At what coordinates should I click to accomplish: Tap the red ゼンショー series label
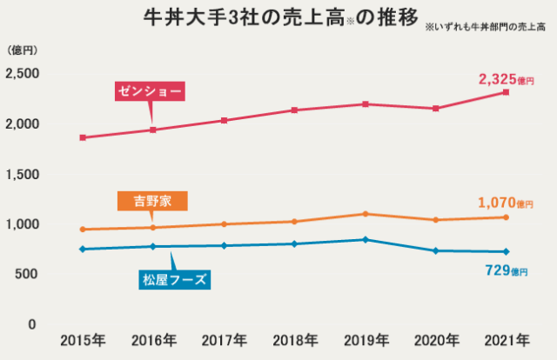tap(153, 90)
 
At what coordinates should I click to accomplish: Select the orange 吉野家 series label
tap(152, 201)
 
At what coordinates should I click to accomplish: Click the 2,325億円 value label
tap(506, 79)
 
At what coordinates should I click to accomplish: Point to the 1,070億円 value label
tap(506, 203)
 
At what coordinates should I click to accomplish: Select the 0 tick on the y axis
tap(32, 324)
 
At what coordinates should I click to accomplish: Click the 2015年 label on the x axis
tap(83, 339)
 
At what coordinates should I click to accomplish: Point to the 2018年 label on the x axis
tap(294, 339)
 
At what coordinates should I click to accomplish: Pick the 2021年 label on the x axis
tap(507, 339)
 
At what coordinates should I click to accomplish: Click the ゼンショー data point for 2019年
tap(365, 104)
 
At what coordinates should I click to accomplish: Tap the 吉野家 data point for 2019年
tap(365, 214)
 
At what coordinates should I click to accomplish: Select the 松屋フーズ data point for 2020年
tap(435, 250)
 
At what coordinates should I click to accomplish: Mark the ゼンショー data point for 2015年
tap(83, 137)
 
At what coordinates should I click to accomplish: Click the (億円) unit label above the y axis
tap(23, 50)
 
